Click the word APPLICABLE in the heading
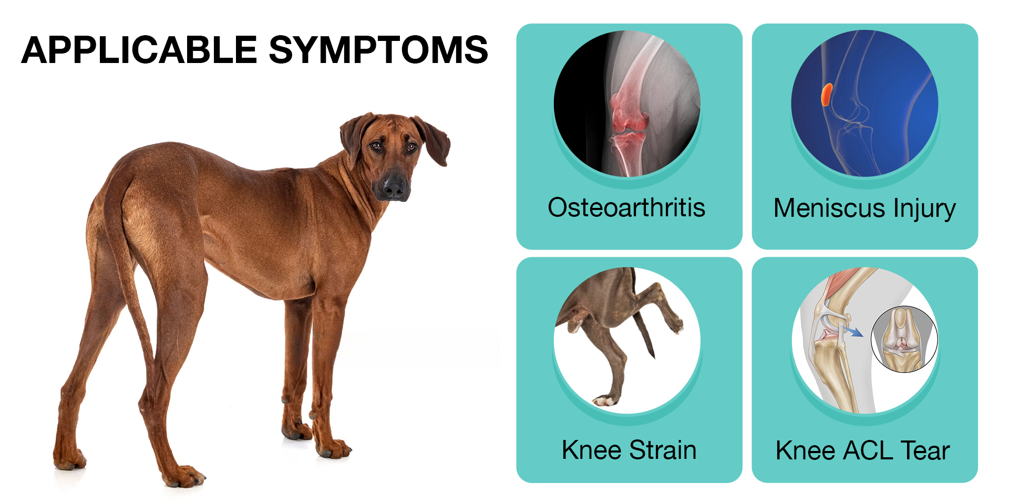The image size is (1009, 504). coord(139,50)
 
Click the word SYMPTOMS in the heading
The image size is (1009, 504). coord(378,50)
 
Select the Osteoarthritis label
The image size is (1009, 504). coord(626,207)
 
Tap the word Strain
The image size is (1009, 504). coord(663,450)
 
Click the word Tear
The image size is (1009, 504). coord(925,450)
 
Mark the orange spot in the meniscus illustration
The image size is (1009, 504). coord(827,94)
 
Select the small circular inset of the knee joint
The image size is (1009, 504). coord(903,339)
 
